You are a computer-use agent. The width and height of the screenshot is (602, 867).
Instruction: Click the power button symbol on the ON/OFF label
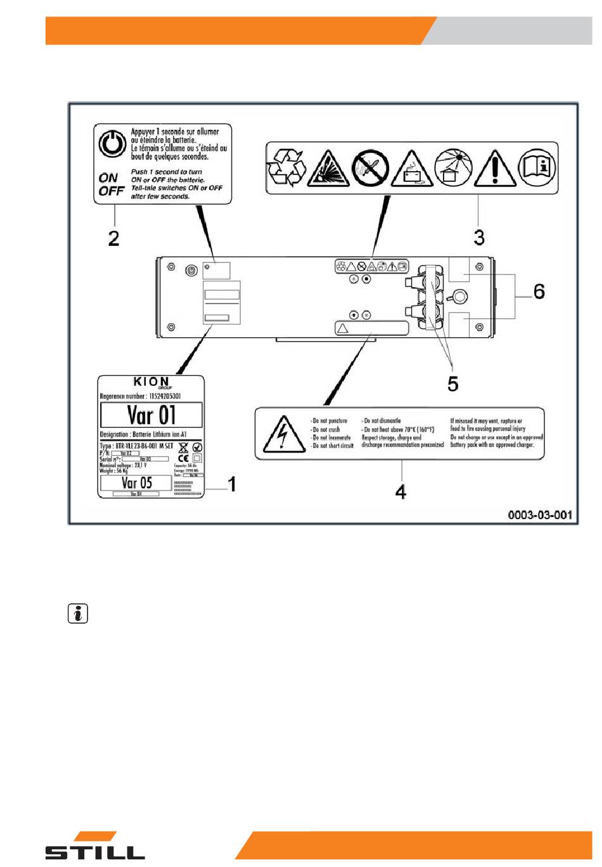112,144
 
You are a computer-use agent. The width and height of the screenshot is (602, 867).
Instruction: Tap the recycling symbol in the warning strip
286,168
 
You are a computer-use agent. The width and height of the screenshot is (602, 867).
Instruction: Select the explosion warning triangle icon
328,169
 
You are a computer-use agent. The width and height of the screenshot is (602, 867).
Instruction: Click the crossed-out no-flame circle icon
370,168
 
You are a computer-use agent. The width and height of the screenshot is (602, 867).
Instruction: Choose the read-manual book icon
537,167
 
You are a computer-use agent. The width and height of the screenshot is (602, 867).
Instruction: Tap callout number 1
232,484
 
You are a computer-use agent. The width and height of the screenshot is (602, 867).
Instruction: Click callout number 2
113,238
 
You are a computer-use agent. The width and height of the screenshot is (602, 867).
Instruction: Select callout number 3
479,238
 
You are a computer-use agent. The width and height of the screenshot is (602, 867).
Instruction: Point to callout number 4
400,491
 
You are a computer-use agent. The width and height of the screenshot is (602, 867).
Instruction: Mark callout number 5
452,383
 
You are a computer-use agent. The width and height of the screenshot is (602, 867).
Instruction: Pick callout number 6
539,291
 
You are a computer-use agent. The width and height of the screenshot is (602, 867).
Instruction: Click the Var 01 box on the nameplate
151,416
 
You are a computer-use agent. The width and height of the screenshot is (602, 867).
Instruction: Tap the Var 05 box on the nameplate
136,482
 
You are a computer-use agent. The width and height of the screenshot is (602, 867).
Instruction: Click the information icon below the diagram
78,613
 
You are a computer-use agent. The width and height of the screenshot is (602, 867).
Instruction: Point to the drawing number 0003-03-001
539,515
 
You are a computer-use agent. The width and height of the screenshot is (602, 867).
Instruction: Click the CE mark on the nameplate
183,458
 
